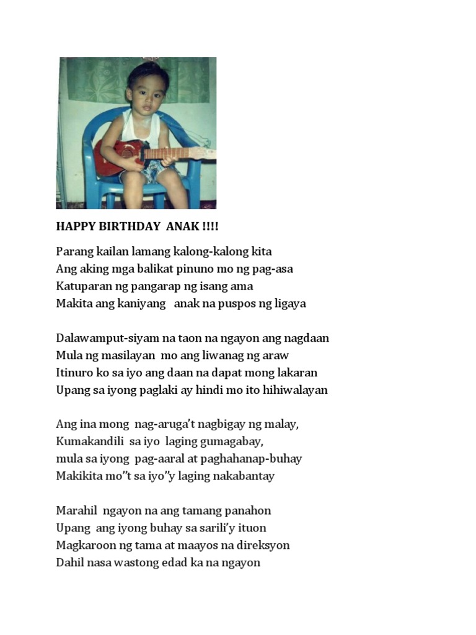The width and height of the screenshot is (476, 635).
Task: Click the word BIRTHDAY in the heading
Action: coord(127,226)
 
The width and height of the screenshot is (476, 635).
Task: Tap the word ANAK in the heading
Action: coord(182,226)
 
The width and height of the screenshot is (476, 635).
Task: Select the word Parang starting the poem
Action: coord(73,252)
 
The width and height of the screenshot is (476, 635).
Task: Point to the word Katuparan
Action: coord(82,286)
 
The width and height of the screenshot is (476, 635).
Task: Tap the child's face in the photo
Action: coord(148,95)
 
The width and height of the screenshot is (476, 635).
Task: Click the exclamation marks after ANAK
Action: coord(211,226)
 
